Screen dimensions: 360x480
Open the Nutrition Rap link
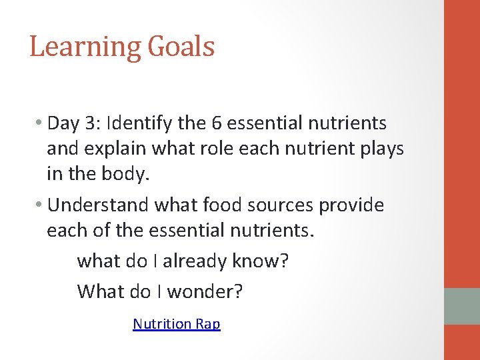coord(177,324)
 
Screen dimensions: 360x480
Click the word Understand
coord(99,205)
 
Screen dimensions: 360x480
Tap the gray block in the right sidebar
coord(462,306)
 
